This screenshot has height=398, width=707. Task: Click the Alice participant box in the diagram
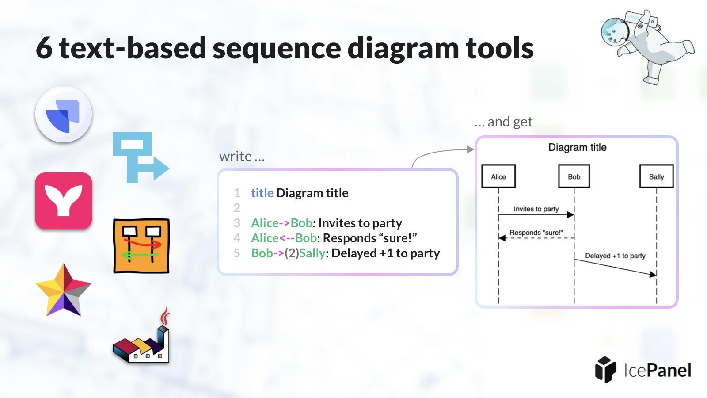pyautogui.click(x=498, y=176)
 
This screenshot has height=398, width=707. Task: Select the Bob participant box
pyautogui.click(x=574, y=176)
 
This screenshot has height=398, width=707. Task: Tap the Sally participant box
pyautogui.click(x=657, y=176)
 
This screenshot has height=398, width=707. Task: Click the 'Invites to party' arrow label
pyautogui.click(x=536, y=209)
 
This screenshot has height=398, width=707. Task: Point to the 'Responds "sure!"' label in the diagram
pyautogui.click(x=536, y=233)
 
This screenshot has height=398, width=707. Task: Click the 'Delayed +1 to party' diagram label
pyautogui.click(x=615, y=256)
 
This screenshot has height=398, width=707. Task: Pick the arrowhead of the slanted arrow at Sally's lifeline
pyautogui.click(x=653, y=275)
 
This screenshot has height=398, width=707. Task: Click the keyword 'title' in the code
pyautogui.click(x=262, y=193)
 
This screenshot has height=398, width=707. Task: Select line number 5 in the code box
pyautogui.click(x=237, y=253)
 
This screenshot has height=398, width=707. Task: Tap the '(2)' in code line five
pyautogui.click(x=292, y=253)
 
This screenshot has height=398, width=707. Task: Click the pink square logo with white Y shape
pyautogui.click(x=64, y=201)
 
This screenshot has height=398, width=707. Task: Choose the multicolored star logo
pyautogui.click(x=64, y=290)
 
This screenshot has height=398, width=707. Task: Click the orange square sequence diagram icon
pyautogui.click(x=141, y=246)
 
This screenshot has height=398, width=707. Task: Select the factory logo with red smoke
pyautogui.click(x=141, y=335)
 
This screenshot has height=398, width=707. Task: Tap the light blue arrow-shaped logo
pyautogui.click(x=141, y=157)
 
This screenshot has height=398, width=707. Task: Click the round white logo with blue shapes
pyautogui.click(x=64, y=114)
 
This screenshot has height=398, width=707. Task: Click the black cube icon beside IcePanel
pyautogui.click(x=605, y=370)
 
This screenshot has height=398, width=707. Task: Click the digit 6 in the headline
pyautogui.click(x=44, y=48)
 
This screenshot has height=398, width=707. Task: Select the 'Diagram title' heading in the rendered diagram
pyautogui.click(x=577, y=148)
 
